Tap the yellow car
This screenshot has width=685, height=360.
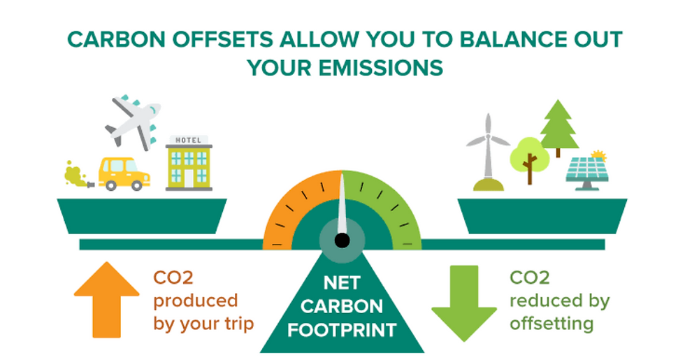point(124,173)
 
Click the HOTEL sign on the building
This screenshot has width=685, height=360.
point(189,141)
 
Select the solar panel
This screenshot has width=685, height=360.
point(586,172)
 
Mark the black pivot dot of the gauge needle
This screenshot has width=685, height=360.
point(342,240)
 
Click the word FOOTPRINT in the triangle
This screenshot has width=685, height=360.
point(342,329)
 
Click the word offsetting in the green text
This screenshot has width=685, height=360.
point(551,324)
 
